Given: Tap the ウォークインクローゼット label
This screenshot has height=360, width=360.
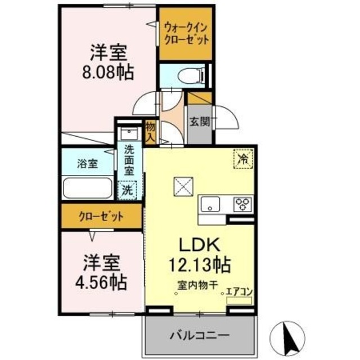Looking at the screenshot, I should [x=186, y=33].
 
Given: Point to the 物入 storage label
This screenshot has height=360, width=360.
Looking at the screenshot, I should [x=150, y=132].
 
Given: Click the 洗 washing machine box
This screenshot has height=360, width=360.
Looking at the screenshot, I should [x=128, y=190].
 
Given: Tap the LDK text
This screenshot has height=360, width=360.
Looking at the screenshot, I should [x=195, y=245].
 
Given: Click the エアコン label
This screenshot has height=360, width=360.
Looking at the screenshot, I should [x=239, y=292].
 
